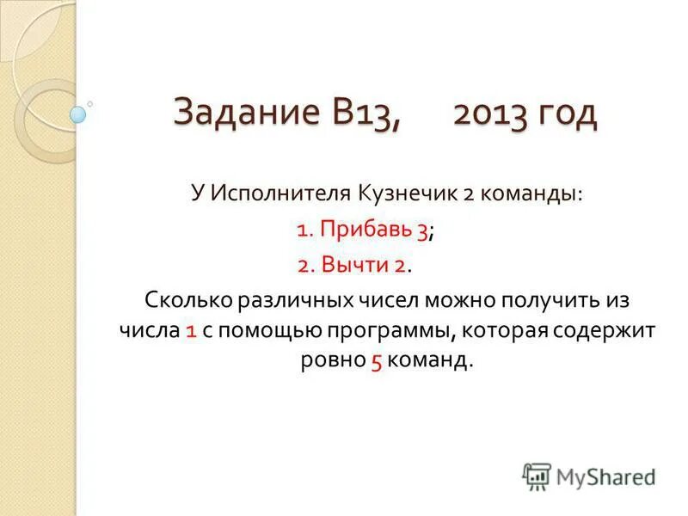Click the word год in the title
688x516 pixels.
(x=565, y=114)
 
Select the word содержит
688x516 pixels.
(x=605, y=330)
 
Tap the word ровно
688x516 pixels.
(x=333, y=360)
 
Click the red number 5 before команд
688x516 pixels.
(x=377, y=360)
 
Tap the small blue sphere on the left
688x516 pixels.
(x=77, y=114)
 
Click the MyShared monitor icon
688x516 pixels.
(x=537, y=475)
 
